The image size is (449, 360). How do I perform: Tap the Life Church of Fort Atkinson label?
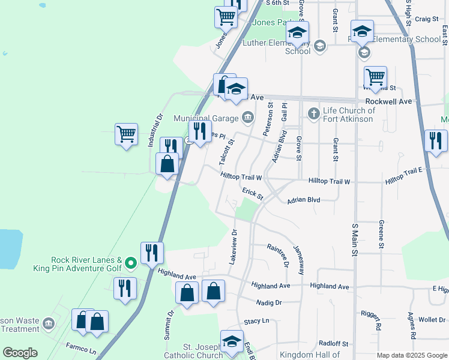coord(349,114)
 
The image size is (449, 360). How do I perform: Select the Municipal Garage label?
coord(206,117)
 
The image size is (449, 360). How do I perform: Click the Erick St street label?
coord(253,193)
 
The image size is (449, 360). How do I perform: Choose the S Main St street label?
coord(354,241)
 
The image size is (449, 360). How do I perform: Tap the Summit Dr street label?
coord(170,324)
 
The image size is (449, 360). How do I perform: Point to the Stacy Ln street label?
coord(257,322)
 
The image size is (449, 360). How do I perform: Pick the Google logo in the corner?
coord(20,353)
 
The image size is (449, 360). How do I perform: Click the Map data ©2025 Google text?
coord(411,355)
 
